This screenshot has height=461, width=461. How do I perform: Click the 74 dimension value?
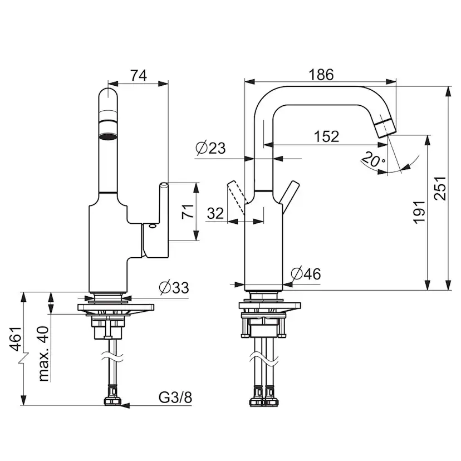tap(139, 76)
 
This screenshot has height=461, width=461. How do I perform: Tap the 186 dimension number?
tap(321, 75)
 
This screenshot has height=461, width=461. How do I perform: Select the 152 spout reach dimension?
tap(326, 136)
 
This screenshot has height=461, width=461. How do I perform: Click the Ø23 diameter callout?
tap(210, 148)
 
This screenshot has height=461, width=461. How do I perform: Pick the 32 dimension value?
tap(215, 213)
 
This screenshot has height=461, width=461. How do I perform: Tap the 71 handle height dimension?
tap(188, 211)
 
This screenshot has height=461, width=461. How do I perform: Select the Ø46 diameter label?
tap(306, 274)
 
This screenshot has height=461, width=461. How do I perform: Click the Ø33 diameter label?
tap(174, 287)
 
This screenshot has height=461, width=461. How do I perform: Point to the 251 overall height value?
tap(440, 188)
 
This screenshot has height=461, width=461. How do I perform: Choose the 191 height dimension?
tap(419, 212)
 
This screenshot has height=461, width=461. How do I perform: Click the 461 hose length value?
tap(15, 339)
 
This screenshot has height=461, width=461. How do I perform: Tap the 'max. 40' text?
tap(43, 354)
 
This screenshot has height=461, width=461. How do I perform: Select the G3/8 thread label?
tap(175, 397)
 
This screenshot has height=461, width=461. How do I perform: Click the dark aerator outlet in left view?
tap(108, 136)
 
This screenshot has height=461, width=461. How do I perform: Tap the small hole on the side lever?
tap(152, 226)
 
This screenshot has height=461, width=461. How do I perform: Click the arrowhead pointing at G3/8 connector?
tap(125, 406)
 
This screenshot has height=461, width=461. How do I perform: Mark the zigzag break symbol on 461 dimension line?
tap(23, 358)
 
